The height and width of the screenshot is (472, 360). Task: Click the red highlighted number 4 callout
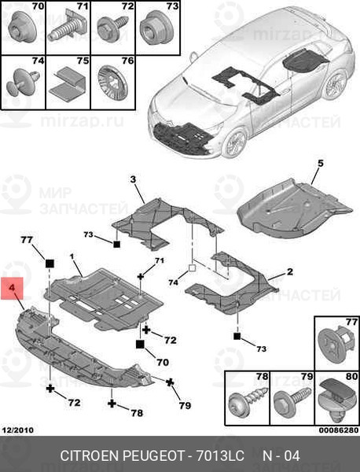(x=12, y=289)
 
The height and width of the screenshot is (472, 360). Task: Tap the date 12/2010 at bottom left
(x=18, y=430)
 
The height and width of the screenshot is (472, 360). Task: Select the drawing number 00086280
(x=339, y=430)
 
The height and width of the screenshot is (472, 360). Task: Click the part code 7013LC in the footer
(x=220, y=455)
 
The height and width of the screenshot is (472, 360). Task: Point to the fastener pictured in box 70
(x=23, y=27)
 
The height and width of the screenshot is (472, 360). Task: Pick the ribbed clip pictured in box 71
(x=67, y=28)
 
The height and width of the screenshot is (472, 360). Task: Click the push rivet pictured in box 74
(x=23, y=82)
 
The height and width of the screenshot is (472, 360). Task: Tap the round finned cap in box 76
(x=112, y=82)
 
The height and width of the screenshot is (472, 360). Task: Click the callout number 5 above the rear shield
(x=320, y=164)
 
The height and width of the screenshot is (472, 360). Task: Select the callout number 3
(x=133, y=179)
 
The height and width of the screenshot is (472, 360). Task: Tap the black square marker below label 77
(x=50, y=264)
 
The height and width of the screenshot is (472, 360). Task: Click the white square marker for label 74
(x=192, y=267)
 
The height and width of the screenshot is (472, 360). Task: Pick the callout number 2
(x=289, y=271)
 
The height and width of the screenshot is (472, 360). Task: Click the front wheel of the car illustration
(x=235, y=143)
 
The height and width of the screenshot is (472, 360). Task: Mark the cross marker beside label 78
(x=112, y=404)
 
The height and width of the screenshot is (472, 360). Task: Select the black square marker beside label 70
(x=140, y=345)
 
